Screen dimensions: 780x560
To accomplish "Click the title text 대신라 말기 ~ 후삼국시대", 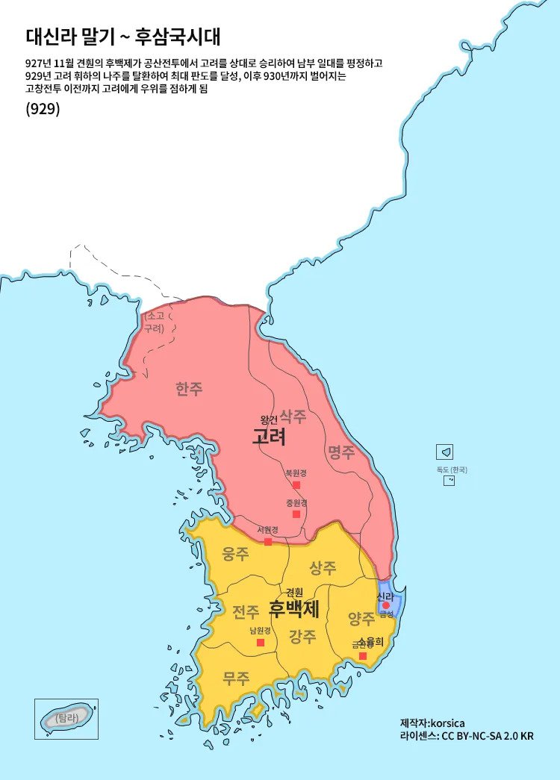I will point(123,37).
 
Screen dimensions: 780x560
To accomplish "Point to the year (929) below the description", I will point(43,108).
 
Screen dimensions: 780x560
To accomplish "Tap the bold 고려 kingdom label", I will point(269,437).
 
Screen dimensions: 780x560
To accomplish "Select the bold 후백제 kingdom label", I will point(294,608).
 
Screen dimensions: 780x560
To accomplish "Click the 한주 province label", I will point(189,389).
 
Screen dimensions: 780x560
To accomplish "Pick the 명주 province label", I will point(341,452).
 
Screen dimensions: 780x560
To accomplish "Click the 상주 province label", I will point(323,568).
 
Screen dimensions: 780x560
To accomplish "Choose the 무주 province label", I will point(236,678).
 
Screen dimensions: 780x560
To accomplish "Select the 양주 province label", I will point(361,619).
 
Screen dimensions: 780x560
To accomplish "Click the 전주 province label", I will point(246,612).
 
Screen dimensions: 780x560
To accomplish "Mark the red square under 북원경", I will point(296,485).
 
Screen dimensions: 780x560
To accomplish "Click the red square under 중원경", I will point(296,514).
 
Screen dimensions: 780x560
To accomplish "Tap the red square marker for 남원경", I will point(261,643).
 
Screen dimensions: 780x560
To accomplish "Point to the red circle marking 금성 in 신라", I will point(386,606).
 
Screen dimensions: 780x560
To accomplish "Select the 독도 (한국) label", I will point(451,469).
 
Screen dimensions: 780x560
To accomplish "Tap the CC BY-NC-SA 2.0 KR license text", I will point(488,736).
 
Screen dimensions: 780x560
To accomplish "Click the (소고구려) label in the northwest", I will point(154,322).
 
